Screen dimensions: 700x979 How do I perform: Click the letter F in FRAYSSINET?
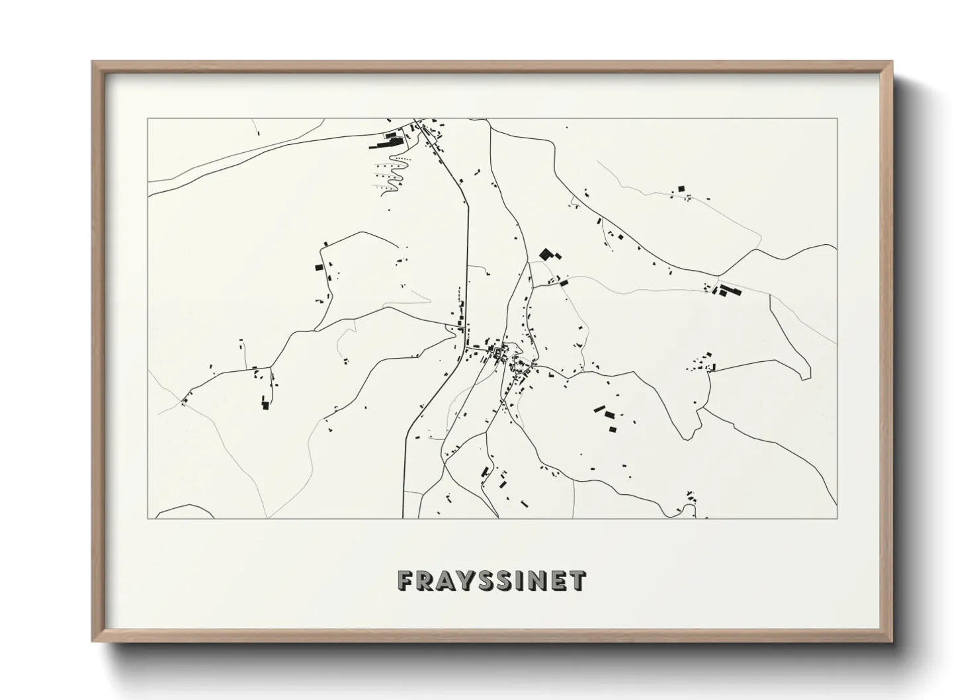pyautogui.click(x=405, y=581)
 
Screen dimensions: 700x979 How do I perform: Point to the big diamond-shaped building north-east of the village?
pyautogui.click(x=546, y=253)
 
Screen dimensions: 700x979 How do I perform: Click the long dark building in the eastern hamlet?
pyautogui.click(x=730, y=290)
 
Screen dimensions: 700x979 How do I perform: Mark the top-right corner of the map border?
pyautogui.click(x=837, y=119)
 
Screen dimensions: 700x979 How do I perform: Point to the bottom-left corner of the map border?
pyautogui.click(x=148, y=518)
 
